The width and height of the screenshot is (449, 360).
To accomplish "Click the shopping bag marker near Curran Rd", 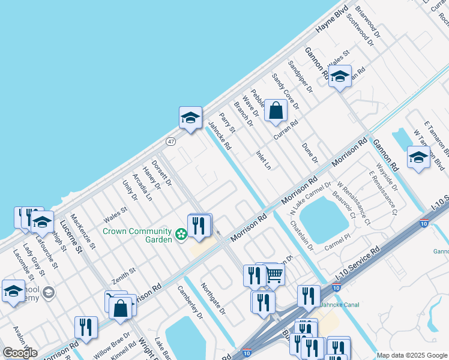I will click(276, 112).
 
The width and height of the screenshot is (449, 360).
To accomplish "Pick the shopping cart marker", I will click(274, 275).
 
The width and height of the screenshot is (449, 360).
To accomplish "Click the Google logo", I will click(20, 353).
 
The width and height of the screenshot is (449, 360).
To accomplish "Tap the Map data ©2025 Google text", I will click(412, 355).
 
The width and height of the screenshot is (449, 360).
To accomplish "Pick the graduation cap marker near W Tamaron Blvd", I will click(418, 158).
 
